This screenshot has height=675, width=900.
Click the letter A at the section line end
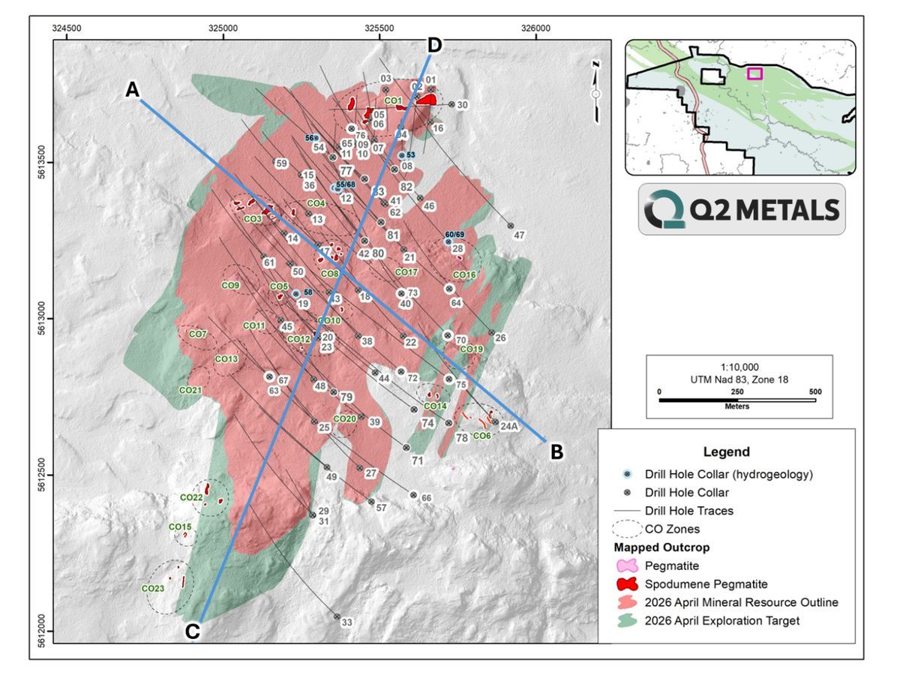(133, 90)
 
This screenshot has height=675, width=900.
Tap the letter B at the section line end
(556, 452)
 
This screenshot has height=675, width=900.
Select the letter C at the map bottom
(192, 631)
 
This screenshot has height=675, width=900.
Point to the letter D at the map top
(434, 45)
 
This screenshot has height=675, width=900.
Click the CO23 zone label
(152, 589)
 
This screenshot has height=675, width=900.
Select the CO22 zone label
(191, 497)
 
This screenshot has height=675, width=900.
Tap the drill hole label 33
(346, 622)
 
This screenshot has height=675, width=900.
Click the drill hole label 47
(519, 235)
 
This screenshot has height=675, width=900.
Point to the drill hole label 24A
(509, 427)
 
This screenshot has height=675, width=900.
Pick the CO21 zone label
(190, 391)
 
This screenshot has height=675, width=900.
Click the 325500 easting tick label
(379, 28)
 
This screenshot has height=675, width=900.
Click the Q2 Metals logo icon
(660, 210)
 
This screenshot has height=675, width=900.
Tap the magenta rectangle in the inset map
(754, 73)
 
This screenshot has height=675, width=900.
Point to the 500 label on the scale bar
(815, 391)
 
